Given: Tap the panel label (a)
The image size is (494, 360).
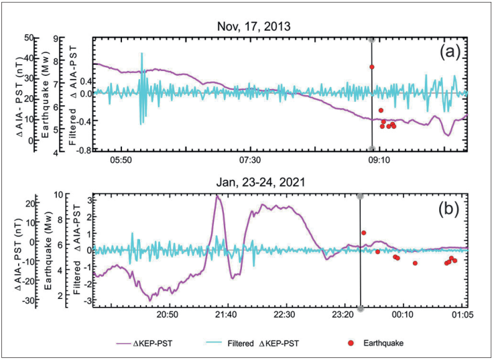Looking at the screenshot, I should point(448,52).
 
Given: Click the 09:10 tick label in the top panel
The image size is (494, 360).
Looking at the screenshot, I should point(379,161).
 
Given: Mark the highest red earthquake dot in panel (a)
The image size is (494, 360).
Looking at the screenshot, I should point(371,67).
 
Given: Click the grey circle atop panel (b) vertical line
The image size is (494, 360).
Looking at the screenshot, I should point(360,196).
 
